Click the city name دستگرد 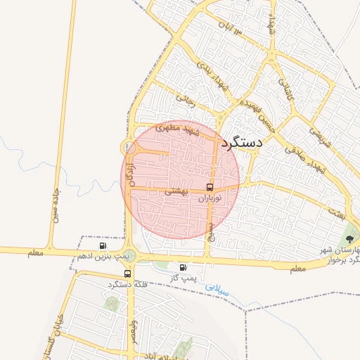(241, 143)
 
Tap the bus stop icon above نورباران (210, 187)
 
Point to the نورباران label (210, 199)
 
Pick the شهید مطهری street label (179, 129)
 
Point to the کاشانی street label (284, 91)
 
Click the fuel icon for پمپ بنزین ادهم (103, 246)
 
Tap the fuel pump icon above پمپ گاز (184, 267)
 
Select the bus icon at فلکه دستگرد (127, 274)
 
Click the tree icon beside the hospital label (350, 238)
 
